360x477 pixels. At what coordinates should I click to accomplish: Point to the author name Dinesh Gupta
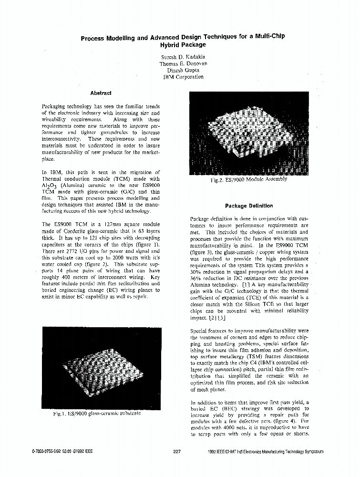183,70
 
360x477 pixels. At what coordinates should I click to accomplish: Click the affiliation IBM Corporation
183,76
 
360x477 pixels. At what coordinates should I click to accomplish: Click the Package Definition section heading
249,206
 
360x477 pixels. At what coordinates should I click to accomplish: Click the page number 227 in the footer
176,451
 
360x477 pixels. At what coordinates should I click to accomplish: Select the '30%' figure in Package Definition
196,271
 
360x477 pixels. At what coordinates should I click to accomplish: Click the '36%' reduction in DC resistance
196,278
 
